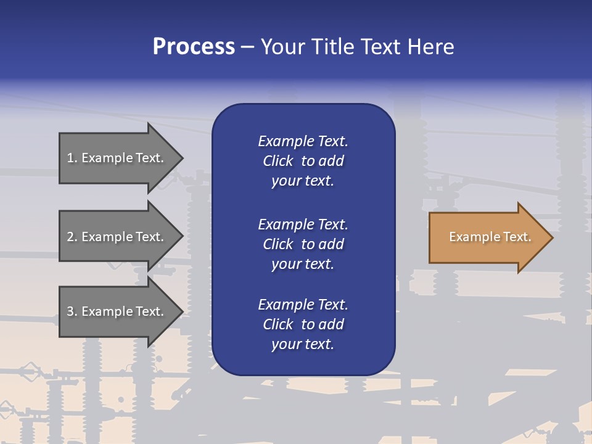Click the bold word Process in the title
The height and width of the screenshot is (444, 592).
click(x=194, y=47)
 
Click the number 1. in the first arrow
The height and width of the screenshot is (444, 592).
click(x=72, y=158)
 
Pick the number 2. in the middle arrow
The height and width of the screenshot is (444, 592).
click(x=72, y=237)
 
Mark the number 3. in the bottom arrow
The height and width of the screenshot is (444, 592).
click(x=72, y=311)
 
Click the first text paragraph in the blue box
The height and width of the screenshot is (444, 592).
click(x=303, y=161)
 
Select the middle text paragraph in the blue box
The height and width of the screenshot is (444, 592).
click(x=303, y=244)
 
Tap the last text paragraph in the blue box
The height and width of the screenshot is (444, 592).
click(x=303, y=324)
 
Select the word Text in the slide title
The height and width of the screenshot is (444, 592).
click(x=382, y=47)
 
